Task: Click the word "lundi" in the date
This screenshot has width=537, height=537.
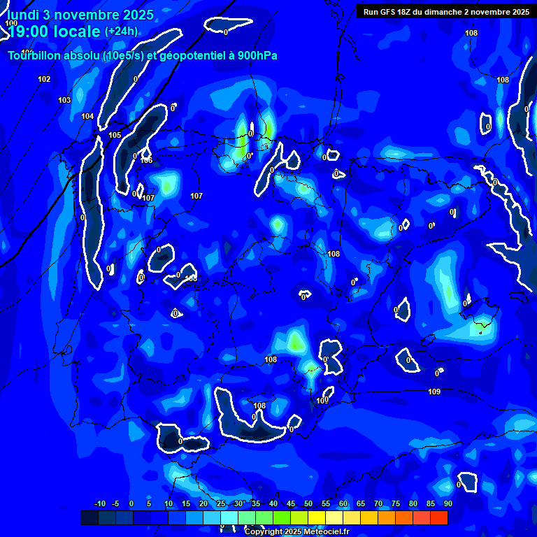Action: pos(24,15)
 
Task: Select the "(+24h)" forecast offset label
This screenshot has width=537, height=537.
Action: pos(121,31)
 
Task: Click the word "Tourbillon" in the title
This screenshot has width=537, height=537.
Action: pos(34,56)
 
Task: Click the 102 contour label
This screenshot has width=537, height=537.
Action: pos(44,79)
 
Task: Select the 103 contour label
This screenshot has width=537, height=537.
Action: pos(64,100)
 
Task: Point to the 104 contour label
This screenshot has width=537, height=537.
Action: pos(87,116)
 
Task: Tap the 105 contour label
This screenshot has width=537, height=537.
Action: pos(115,135)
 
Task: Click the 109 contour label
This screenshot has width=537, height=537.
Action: pos(434,392)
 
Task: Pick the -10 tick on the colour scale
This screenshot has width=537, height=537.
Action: pos(99,503)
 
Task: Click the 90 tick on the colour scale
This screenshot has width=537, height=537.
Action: pos(447,503)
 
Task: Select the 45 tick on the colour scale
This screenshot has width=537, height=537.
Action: pos(291,503)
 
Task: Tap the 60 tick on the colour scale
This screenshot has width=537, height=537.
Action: pos(343,503)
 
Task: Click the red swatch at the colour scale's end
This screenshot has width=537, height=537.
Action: pos(438,517)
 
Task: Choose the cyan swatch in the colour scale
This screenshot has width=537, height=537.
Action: pos(229,517)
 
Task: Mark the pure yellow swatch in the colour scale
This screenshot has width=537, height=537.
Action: pos(317,517)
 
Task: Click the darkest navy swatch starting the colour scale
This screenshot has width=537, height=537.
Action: pos(89,517)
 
